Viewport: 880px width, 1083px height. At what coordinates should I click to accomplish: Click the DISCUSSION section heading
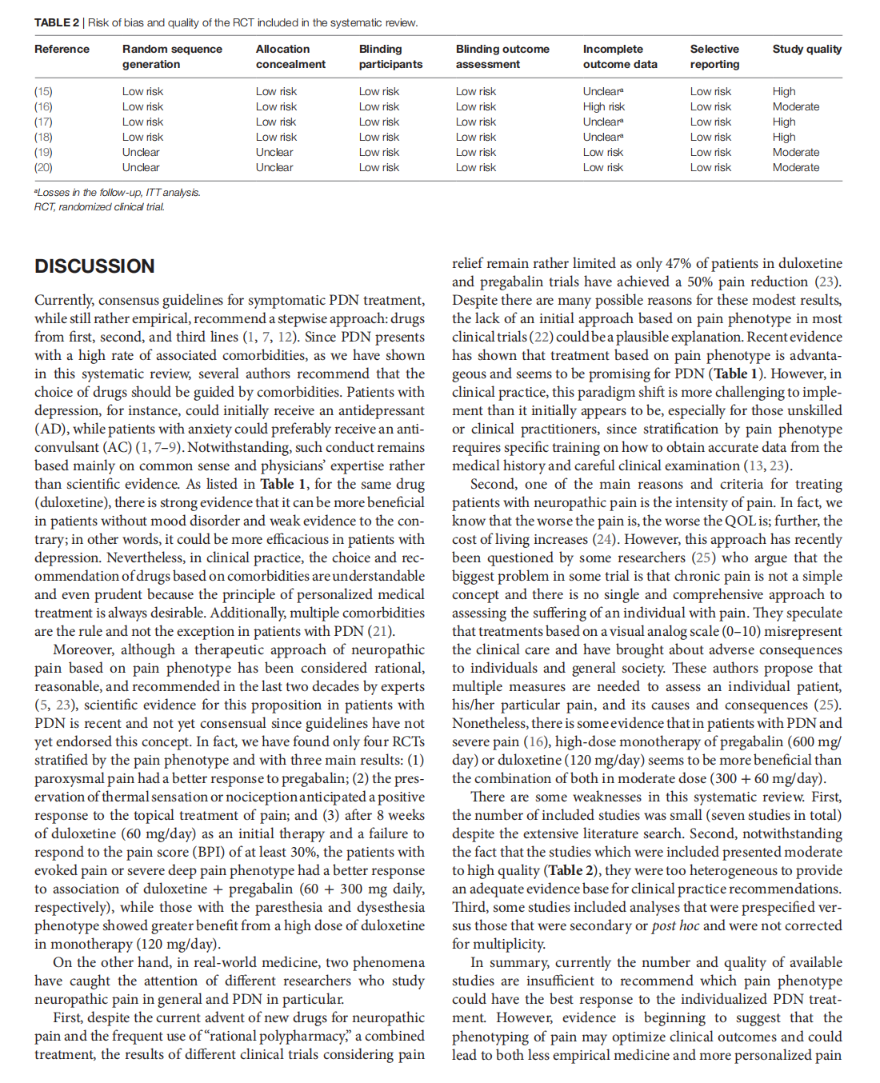click(94, 266)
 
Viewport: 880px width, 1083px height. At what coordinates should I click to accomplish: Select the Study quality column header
click(806, 49)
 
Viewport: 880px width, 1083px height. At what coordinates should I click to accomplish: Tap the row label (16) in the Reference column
click(43, 106)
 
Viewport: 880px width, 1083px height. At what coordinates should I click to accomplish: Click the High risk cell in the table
click(603, 106)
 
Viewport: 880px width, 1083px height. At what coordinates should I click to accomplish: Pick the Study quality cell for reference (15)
click(784, 91)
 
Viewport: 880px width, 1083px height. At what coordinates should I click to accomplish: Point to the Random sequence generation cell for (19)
click(141, 152)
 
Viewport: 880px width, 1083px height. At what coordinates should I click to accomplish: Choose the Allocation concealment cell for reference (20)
click(274, 167)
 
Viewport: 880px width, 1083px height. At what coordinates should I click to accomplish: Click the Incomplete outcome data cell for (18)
click(603, 137)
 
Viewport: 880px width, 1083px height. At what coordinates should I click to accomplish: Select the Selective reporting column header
click(714, 57)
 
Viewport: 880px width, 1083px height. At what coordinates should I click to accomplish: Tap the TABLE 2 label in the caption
click(56, 22)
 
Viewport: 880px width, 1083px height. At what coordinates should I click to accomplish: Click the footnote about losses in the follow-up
click(117, 192)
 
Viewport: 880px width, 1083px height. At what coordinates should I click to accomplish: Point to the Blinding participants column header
click(390, 57)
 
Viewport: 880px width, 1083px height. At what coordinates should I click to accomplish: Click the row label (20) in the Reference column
click(43, 167)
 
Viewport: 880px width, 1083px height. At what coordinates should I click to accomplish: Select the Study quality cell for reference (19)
click(795, 152)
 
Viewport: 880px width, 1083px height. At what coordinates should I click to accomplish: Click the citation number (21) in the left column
click(380, 631)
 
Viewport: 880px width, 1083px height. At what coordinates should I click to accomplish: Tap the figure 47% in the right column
click(678, 263)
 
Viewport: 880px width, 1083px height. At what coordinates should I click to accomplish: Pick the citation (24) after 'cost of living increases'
click(604, 539)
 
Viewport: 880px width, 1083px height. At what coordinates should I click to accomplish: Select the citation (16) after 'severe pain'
click(534, 741)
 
